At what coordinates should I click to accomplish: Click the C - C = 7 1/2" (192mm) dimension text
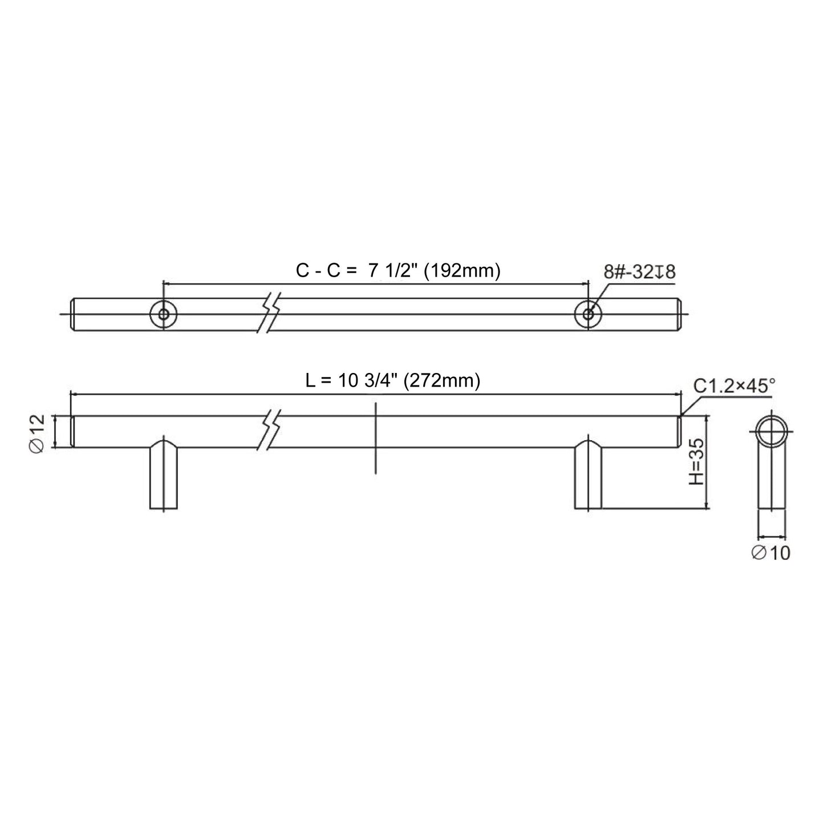398,271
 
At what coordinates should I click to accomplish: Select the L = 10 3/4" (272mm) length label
392,380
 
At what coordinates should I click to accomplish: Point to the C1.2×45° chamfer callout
734,386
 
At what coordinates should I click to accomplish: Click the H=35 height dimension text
696,462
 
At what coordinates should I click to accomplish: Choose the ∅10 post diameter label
771,552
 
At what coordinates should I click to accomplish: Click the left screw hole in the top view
164,314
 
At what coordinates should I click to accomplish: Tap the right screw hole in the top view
588,314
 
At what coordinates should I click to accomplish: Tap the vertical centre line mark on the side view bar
376,438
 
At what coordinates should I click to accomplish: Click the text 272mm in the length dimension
441,380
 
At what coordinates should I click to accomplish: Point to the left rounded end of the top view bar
74,314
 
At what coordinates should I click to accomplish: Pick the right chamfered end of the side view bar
679,432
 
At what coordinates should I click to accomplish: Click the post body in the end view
772,485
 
